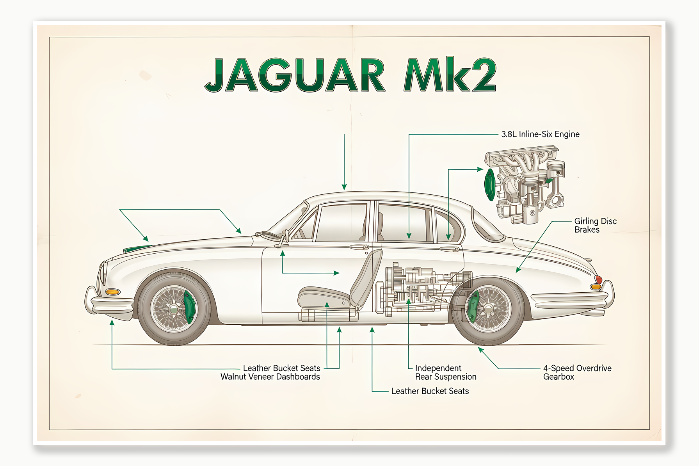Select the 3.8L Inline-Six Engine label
click(540, 134)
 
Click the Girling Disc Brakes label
click(595, 225)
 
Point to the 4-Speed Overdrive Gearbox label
click(577, 372)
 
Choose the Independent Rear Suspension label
click(445, 372)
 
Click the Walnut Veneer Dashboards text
click(270, 377)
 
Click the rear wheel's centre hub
click(487, 309)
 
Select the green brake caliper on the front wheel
click(190, 306)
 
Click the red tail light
click(598, 279)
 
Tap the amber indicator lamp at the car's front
click(113, 292)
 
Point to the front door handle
click(359, 247)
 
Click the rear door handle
click(450, 249)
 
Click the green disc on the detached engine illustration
click(490, 184)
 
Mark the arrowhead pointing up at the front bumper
click(112, 323)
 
